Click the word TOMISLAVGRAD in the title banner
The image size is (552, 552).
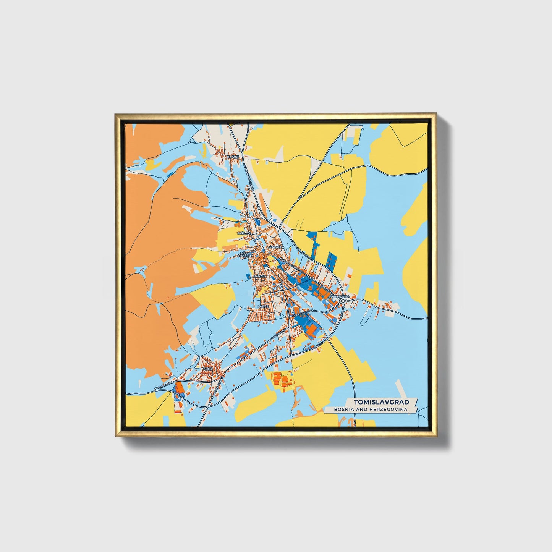(x=381, y=402)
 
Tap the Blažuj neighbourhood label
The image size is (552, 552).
(x=232, y=157)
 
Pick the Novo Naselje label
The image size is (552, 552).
(x=244, y=255)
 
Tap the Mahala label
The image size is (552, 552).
(x=259, y=275)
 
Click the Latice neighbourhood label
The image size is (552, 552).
(x=263, y=306)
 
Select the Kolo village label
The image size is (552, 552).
(x=207, y=369)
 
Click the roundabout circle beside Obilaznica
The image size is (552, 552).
(x=343, y=301)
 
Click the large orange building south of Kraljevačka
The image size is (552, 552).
(x=312, y=330)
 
